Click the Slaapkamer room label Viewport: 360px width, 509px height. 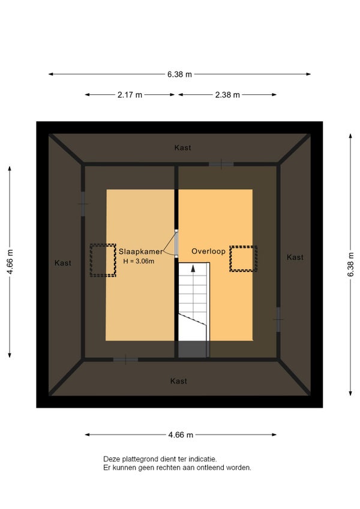click(x=140, y=251)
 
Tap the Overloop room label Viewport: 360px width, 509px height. click(x=208, y=251)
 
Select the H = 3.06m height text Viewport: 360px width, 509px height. click(x=139, y=261)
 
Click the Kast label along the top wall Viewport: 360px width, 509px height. click(x=182, y=148)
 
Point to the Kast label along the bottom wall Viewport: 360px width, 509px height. click(x=179, y=381)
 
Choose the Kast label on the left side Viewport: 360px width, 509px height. click(x=62, y=263)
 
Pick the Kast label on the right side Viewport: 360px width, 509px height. click(x=295, y=258)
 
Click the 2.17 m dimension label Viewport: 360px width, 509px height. click(x=130, y=95)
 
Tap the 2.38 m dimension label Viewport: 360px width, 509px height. click(x=227, y=95)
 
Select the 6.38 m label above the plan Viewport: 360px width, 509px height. click(x=179, y=74)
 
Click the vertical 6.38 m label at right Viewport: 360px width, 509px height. click(x=350, y=264)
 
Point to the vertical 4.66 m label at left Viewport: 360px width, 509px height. click(x=10, y=262)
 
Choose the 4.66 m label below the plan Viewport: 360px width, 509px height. click(x=181, y=435)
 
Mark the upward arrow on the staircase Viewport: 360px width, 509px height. click(x=193, y=268)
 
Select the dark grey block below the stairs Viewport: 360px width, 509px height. click(x=193, y=349)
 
